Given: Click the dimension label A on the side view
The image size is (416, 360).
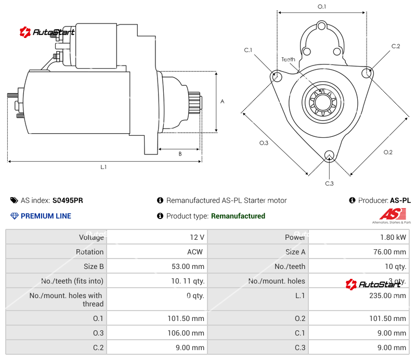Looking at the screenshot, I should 222,101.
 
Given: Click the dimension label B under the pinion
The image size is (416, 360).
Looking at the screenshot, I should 180,153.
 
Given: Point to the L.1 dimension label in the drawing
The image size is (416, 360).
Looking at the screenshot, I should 103,167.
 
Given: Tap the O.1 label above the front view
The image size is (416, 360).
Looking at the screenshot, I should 322,7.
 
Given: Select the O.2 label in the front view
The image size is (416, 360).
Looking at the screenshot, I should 388,152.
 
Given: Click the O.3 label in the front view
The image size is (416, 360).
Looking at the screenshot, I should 264,144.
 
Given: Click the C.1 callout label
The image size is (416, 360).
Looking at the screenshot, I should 248,50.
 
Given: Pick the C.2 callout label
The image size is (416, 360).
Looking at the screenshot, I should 396,46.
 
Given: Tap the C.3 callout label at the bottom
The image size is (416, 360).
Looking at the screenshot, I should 329,183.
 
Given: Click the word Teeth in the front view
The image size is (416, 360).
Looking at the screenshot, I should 288,59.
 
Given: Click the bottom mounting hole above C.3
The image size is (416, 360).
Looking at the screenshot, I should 329,155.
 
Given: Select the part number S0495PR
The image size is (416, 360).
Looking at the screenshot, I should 68,200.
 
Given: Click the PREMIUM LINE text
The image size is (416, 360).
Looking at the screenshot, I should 46,216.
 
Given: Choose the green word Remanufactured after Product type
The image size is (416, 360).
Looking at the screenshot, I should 238,216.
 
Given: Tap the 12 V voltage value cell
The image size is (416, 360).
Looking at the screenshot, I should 197,237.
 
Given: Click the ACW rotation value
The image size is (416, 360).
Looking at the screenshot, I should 195,252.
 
